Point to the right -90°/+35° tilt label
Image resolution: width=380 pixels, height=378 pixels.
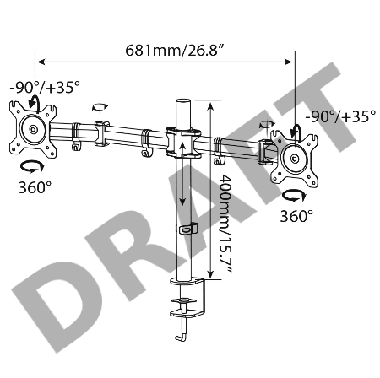tap(339, 117)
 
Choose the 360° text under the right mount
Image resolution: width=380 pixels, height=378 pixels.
tap(296, 216)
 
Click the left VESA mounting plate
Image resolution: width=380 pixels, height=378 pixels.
tap(32, 130)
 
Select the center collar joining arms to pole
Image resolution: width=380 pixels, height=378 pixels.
tap(183, 143)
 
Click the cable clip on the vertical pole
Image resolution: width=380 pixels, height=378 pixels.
tap(187, 228)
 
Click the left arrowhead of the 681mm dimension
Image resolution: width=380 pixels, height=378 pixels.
tap(39, 61)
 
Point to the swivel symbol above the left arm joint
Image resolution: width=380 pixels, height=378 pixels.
tap(100, 106)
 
